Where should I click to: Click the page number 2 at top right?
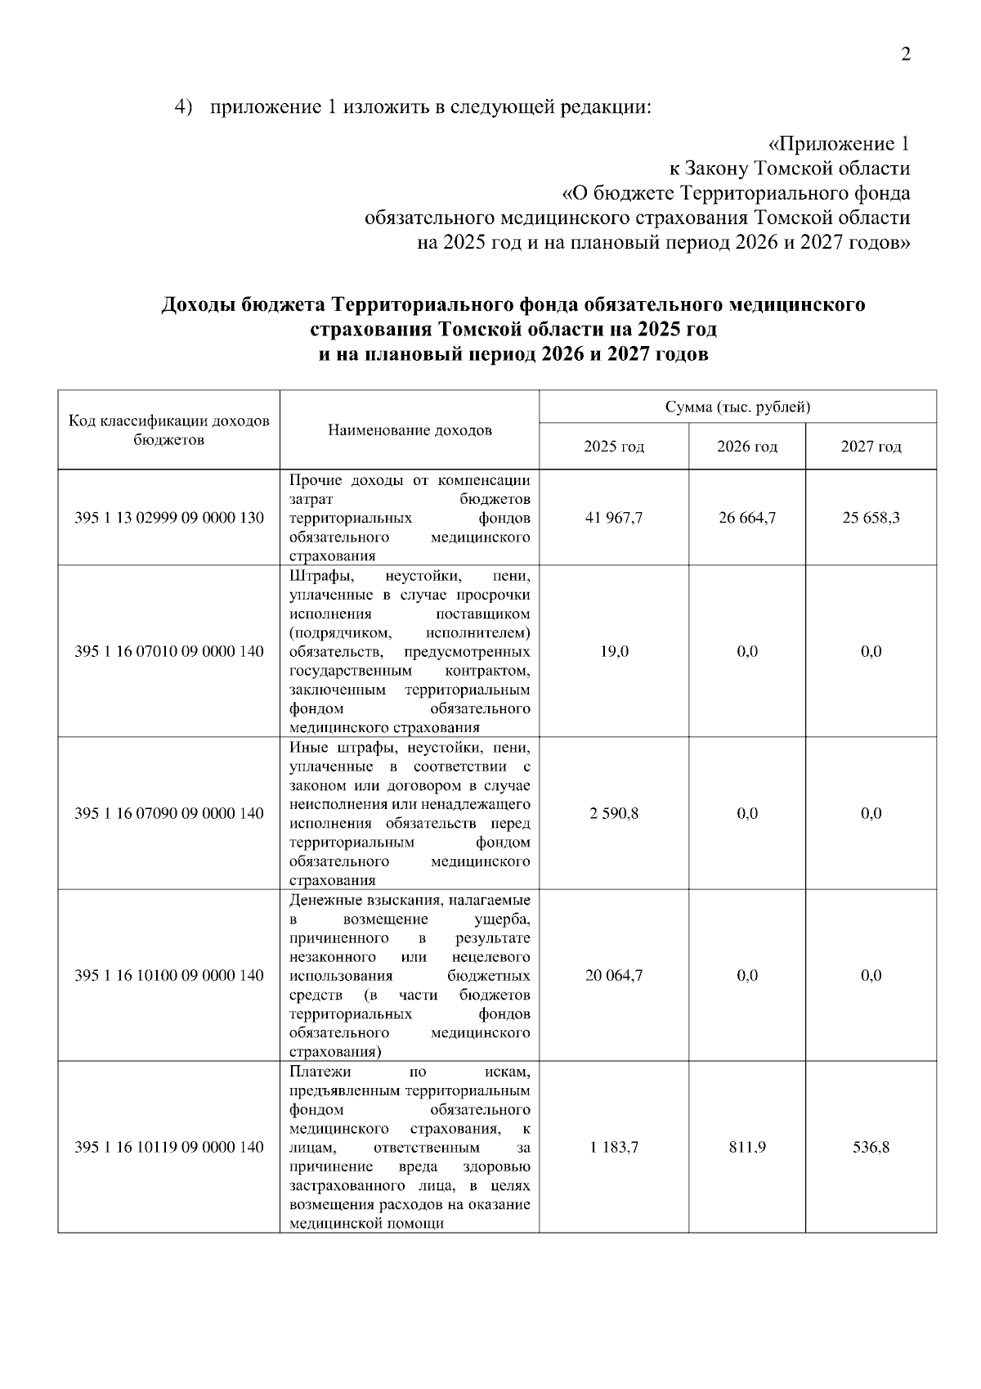(905, 55)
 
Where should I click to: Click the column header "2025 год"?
(613, 447)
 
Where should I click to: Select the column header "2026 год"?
(746, 447)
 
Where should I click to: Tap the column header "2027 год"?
(871, 447)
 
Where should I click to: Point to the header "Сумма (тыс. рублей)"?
(737, 407)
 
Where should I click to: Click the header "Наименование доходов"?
(410, 430)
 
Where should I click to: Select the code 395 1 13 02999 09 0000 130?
(169, 518)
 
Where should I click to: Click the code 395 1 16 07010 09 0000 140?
(169, 652)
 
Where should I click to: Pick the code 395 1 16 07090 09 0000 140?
(169, 813)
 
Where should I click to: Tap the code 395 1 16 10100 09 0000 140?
(169, 975)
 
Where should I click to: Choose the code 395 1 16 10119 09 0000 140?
(169, 1147)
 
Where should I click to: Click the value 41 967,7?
(614, 518)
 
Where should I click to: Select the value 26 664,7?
(746, 518)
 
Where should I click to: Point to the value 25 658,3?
(871, 518)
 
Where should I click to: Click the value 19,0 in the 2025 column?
(614, 652)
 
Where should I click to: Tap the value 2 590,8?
(614, 813)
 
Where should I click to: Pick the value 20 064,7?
(614, 975)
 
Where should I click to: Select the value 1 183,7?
(614, 1147)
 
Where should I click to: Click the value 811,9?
(746, 1147)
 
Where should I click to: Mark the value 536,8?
(871, 1147)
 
